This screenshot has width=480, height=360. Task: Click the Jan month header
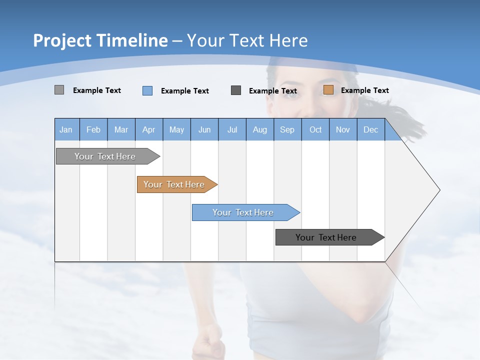click(x=66, y=129)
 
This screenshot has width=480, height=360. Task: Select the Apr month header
click(x=148, y=129)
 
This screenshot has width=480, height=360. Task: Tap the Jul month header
click(x=232, y=129)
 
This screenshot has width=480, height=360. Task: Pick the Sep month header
click(x=287, y=129)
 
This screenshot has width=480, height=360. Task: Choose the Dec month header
click(x=370, y=129)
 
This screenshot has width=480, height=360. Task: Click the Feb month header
click(x=93, y=129)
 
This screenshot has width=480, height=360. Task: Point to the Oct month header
click(x=315, y=129)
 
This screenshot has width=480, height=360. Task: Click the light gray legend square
click(x=59, y=90)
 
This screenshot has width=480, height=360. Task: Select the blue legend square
click(x=147, y=90)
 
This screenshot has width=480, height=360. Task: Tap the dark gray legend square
click(x=236, y=90)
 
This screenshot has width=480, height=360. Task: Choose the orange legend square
click(x=328, y=90)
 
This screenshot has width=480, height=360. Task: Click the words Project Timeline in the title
click(x=100, y=40)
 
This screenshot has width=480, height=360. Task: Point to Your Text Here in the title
click(x=247, y=40)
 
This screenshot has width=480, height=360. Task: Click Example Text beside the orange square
click(x=364, y=90)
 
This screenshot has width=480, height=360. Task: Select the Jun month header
click(x=204, y=129)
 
